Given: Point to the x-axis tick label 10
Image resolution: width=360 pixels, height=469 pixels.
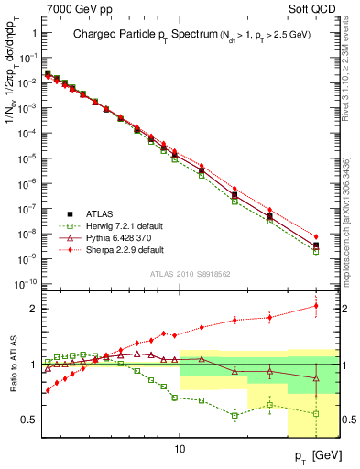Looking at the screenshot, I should [180, 450].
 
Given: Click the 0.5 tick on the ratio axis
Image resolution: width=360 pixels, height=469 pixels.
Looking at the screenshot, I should [31, 420].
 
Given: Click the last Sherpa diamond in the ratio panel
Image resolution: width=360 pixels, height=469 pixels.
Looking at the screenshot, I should [316, 306].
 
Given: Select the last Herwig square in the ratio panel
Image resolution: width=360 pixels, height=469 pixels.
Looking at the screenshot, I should [316, 413].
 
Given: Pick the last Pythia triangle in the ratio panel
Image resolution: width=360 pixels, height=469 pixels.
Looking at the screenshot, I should [316, 377].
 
